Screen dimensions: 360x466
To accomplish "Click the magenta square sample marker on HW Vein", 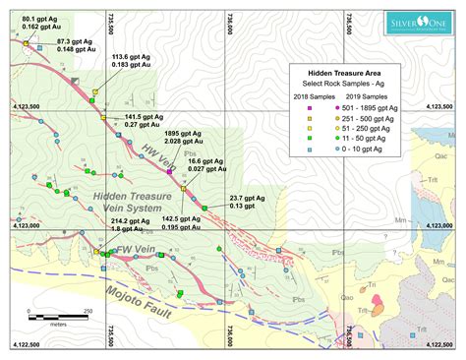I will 170,171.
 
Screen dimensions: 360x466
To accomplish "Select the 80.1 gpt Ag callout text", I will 40,23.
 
